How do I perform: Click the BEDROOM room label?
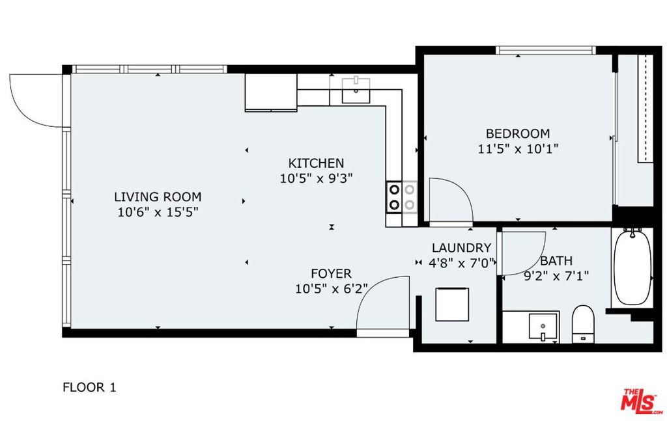point(518,133)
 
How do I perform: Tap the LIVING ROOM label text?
point(158,197)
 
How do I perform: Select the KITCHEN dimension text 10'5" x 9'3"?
point(317,178)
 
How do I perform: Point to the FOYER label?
point(332,273)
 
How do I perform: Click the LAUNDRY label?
point(462,248)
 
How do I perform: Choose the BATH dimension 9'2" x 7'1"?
point(556,276)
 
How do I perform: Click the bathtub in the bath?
point(632,267)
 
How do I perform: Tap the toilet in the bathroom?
point(583,324)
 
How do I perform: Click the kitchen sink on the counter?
point(356,90)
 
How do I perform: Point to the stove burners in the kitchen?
point(402,197)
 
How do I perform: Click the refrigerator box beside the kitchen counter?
point(271,92)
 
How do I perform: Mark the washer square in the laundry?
point(452,304)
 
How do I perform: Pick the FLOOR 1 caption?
point(89,387)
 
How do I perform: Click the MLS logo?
point(640,401)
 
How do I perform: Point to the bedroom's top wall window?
point(546,50)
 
